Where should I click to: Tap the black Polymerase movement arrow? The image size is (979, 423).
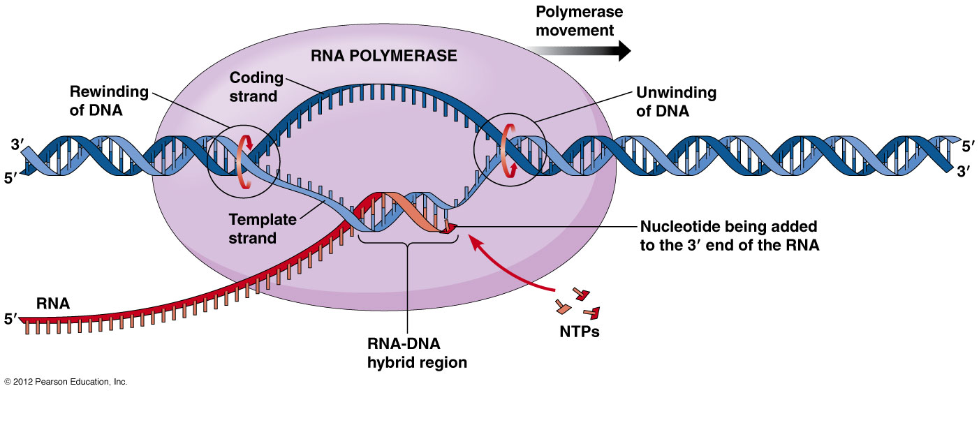tap(580, 50)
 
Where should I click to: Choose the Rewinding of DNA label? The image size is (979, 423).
tap(109, 101)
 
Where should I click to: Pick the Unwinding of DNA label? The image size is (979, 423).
tap(676, 102)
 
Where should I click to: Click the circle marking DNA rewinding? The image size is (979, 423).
tap(244, 162)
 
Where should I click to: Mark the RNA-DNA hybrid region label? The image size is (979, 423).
tap(408, 352)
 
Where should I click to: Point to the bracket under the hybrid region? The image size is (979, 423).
tap(408, 242)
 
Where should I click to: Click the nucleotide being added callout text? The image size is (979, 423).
tap(729, 237)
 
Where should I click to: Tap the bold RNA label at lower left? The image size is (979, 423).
tap(52, 303)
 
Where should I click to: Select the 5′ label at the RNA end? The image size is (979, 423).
tap(10, 319)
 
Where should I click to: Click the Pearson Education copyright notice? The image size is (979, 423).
tap(66, 382)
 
